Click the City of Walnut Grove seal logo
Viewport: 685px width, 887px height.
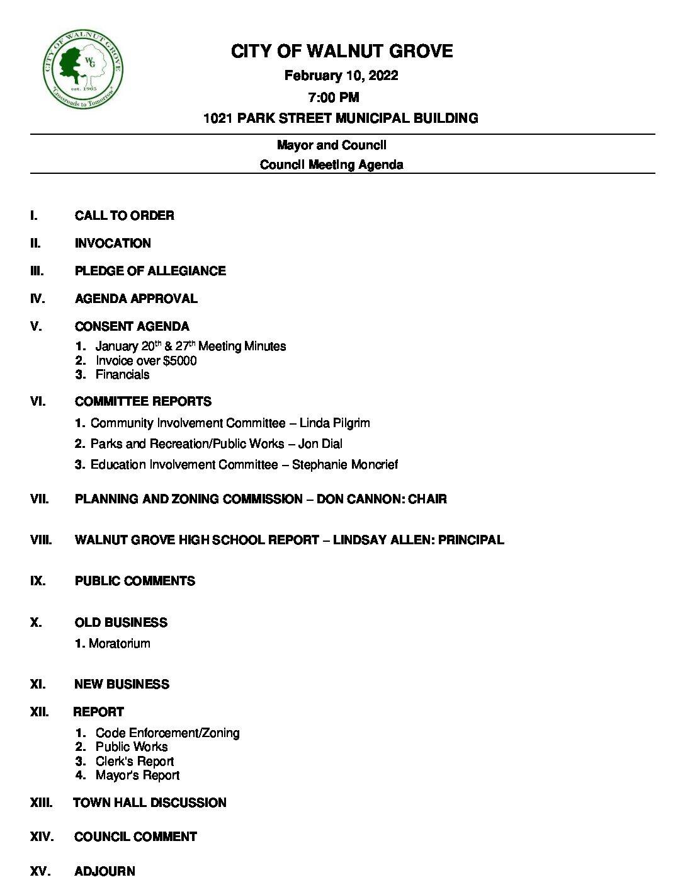click(x=82, y=70)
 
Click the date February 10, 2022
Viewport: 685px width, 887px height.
click(x=341, y=76)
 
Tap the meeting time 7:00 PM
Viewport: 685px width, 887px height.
click(x=334, y=97)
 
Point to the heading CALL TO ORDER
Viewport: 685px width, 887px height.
click(x=124, y=215)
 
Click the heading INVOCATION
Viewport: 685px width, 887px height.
click(x=113, y=243)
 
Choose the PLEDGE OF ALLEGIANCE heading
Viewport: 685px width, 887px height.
click(x=150, y=271)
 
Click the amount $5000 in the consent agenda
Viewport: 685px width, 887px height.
click(x=179, y=360)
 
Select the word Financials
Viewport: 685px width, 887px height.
click(x=122, y=374)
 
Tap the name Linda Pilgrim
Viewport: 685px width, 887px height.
click(x=334, y=423)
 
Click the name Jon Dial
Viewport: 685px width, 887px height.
click(x=320, y=443)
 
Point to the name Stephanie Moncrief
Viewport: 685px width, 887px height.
click(x=344, y=464)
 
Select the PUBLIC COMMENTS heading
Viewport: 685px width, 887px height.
click(x=135, y=581)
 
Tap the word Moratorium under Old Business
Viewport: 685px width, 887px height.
click(x=120, y=643)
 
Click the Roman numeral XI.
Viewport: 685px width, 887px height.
click(x=38, y=684)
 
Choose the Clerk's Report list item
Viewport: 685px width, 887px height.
click(x=134, y=761)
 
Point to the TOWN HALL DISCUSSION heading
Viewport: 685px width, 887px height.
click(x=150, y=803)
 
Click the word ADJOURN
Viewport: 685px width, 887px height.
click(x=105, y=871)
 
